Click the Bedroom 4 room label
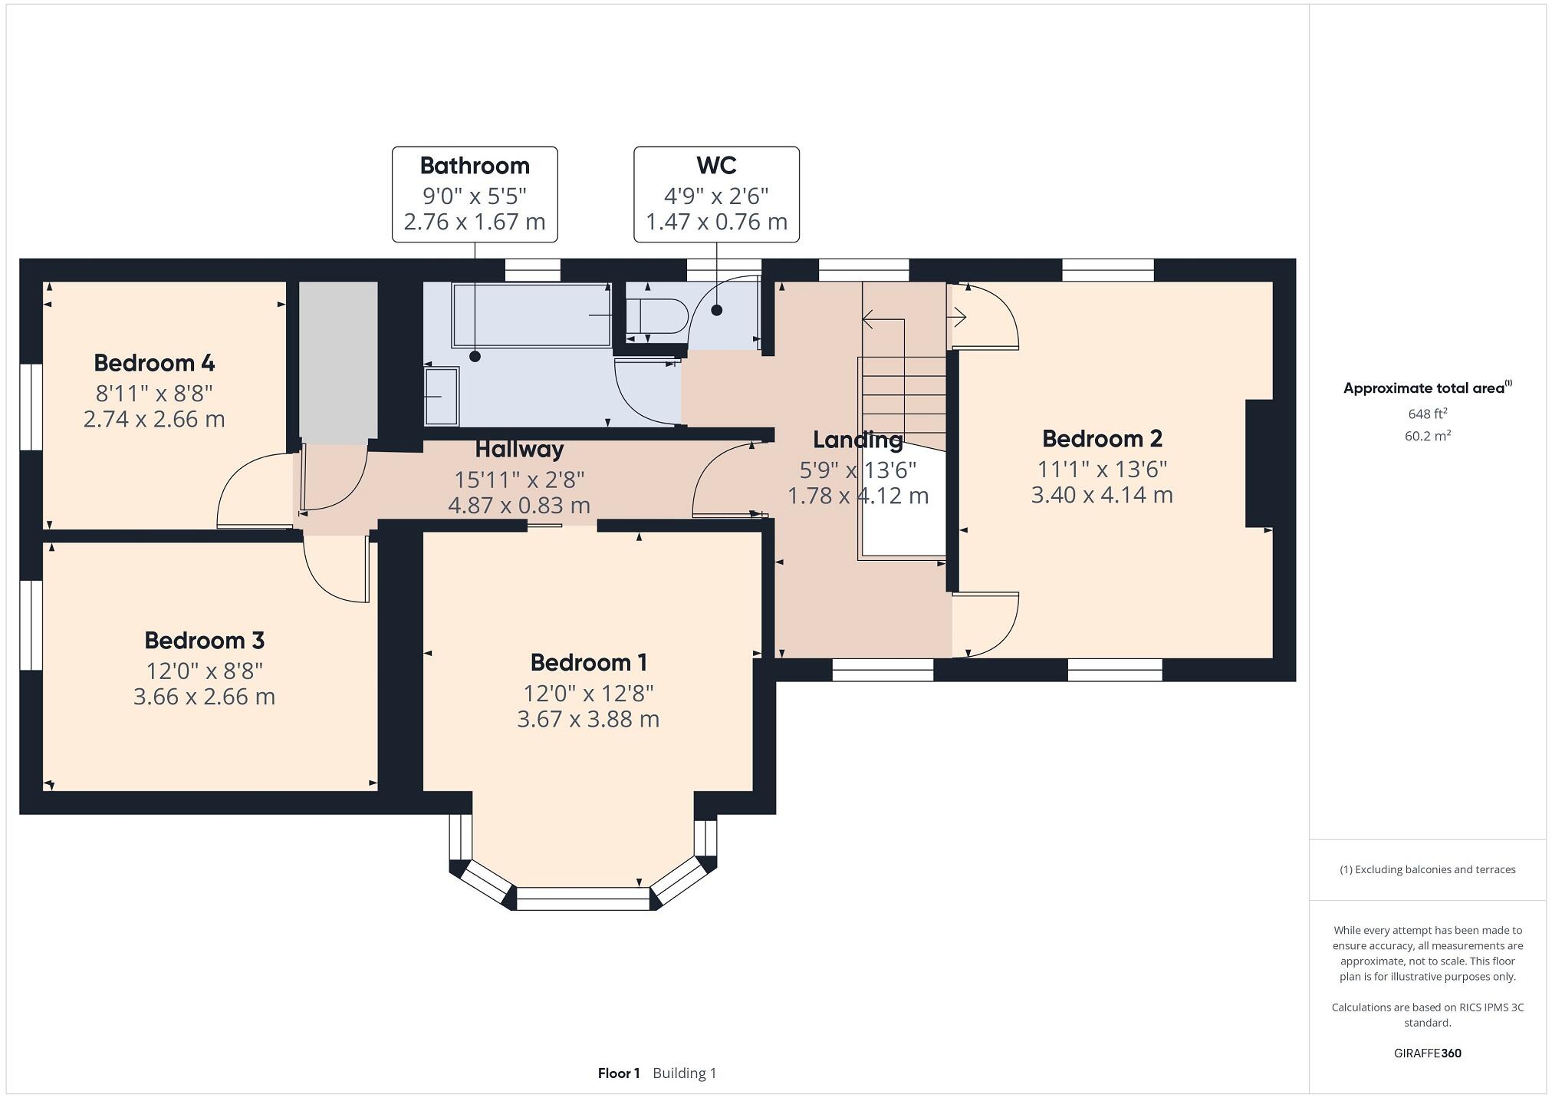click(x=154, y=362)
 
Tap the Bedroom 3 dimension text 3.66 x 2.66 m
click(x=204, y=697)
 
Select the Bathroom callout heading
click(x=475, y=166)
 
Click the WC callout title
click(x=716, y=166)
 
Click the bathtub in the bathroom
click(x=531, y=315)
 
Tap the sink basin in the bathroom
click(x=442, y=396)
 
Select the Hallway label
click(x=519, y=449)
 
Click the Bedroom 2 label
click(x=1102, y=439)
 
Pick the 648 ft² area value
click(x=1427, y=414)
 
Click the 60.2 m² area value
click(x=1427, y=436)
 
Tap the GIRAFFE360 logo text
click(x=1427, y=1053)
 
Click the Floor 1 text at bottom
click(x=618, y=1073)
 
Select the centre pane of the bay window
click(x=583, y=899)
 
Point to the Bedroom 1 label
click(x=588, y=662)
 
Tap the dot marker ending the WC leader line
click(x=716, y=310)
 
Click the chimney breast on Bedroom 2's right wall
click(x=1258, y=463)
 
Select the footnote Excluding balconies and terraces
click(x=1427, y=869)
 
